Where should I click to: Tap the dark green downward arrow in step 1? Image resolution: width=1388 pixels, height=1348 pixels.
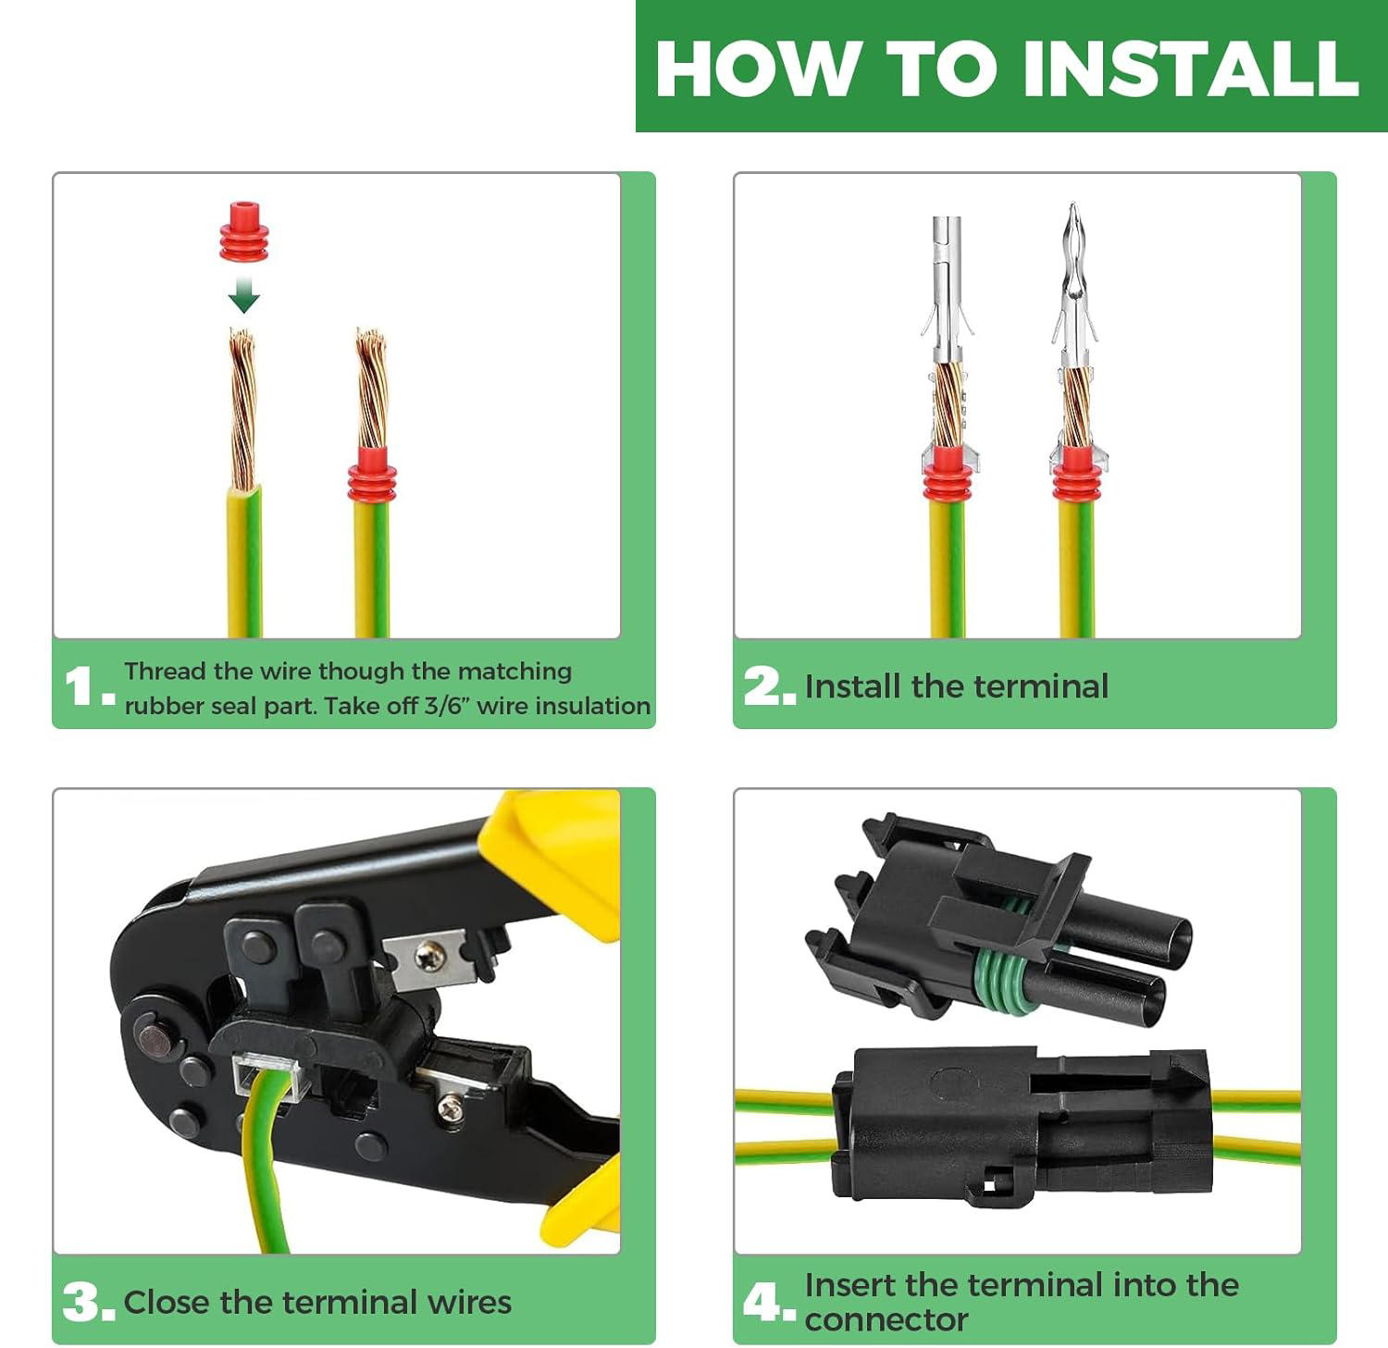pos(243,293)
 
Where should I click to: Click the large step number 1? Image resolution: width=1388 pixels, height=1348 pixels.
pos(80,687)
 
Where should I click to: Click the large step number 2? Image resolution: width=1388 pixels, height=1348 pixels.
pos(762,686)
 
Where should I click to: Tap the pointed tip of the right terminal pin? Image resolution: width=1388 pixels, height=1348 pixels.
pos(1072,205)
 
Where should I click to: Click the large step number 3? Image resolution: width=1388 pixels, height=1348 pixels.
pos(82,1302)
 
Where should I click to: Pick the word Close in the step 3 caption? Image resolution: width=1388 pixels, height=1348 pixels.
pos(167,1303)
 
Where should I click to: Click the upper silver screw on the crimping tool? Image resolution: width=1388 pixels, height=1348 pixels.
pos(429,955)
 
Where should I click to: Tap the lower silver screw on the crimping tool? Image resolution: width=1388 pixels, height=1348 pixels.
pos(451,1107)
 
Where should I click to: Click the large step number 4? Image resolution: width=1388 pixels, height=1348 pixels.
pos(762,1302)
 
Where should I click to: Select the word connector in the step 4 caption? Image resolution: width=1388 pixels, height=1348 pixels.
pos(886,1320)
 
